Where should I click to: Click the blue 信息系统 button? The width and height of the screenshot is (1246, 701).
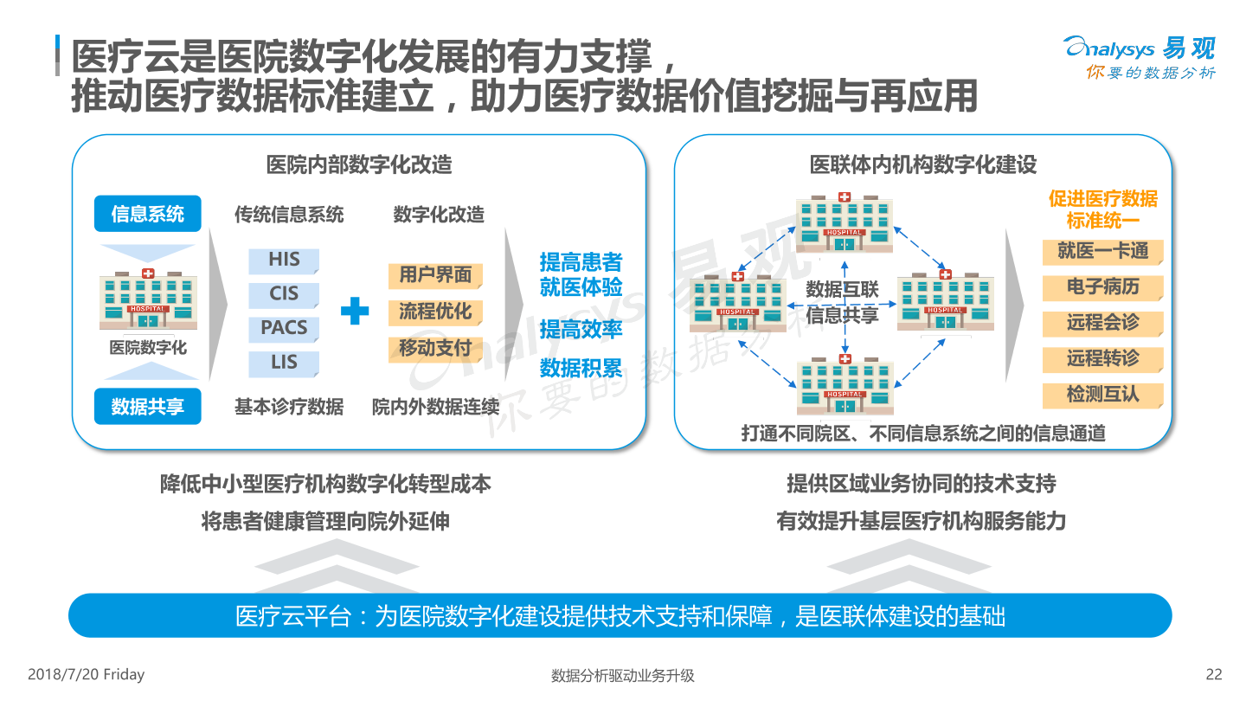[147, 214]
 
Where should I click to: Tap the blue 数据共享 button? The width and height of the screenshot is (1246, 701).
[147, 406]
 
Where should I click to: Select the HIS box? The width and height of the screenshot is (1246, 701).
[284, 260]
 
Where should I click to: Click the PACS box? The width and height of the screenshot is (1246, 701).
[284, 328]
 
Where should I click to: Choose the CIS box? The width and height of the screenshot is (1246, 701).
[284, 294]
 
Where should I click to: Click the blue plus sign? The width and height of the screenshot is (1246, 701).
[355, 311]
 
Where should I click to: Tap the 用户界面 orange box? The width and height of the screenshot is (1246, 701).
[435, 275]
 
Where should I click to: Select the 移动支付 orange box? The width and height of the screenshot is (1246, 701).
[435, 350]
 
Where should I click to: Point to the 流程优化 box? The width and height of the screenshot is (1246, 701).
[435, 312]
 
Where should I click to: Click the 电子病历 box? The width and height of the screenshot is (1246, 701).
[1102, 287]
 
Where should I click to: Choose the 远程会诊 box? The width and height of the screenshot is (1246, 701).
[1102, 324]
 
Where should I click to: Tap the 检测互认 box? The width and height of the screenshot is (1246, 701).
[1102, 396]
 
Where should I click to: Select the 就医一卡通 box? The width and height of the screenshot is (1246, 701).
[1102, 252]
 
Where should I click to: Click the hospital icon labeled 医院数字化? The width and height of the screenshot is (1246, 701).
[148, 299]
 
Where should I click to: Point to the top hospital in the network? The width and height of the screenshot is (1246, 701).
[845, 222]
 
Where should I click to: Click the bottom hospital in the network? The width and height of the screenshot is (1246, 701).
[845, 385]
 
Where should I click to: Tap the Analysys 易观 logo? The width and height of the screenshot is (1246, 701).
[1140, 57]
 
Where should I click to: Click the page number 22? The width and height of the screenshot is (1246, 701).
[1214, 674]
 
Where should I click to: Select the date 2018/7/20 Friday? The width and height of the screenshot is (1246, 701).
[87, 674]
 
